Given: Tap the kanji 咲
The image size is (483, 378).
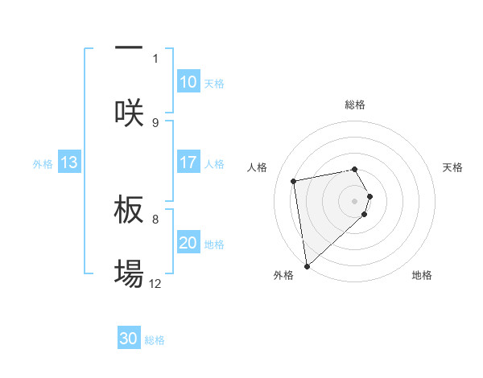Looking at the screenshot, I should click(129, 113).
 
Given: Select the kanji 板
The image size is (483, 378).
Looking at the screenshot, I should click(129, 210).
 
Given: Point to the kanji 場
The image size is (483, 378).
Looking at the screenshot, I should click(129, 273).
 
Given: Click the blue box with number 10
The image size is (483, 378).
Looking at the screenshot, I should click(188, 82).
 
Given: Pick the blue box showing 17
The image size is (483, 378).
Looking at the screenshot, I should click(188, 162).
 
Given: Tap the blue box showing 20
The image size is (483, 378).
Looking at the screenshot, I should click(188, 243).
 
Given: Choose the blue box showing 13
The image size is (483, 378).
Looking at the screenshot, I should click(68, 162).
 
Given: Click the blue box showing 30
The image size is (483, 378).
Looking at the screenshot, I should click(129, 339).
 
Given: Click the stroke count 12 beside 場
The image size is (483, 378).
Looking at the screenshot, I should click(155, 284).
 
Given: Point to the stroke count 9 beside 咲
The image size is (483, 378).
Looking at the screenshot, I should click(155, 123).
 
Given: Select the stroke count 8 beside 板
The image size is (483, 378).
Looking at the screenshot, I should click(155, 219).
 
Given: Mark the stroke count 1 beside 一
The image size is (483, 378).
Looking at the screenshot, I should click(155, 59).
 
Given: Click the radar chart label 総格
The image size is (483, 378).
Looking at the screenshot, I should click(355, 105).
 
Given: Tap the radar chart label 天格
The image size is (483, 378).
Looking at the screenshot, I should click(452, 167).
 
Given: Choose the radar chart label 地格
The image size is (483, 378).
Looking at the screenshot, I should click(422, 275).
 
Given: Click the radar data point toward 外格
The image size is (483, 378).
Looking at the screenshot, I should click(306, 265).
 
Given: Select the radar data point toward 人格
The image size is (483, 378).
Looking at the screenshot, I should click(294, 180).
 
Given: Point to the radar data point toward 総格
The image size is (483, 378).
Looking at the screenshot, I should click(355, 169).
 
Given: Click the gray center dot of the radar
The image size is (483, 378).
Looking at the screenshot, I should click(355, 200).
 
